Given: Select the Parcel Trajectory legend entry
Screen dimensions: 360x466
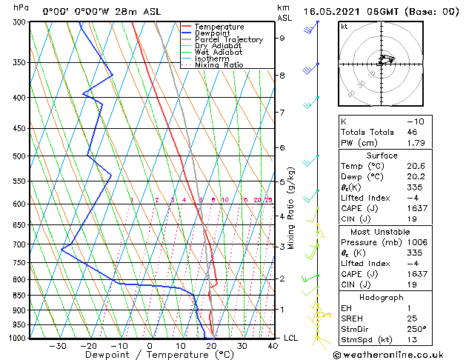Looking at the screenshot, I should pyautogui.click(x=228, y=39).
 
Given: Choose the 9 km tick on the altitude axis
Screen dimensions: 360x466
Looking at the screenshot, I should pyautogui.click(x=282, y=38).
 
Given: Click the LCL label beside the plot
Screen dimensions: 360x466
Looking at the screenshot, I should pyautogui.click(x=292, y=339).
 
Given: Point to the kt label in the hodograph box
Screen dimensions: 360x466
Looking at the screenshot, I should pyautogui.click(x=344, y=27).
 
